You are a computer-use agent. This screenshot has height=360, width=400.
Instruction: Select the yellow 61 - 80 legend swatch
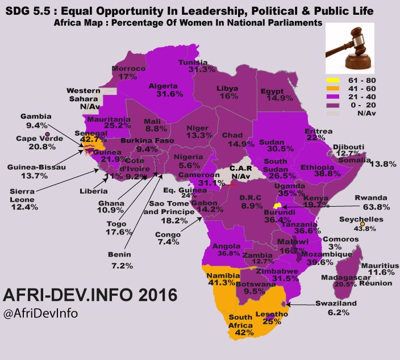tap(336, 80)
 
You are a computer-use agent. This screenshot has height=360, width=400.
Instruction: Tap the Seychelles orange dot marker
tap(362, 223)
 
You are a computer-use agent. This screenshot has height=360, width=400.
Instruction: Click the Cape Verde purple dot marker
tap(47, 134)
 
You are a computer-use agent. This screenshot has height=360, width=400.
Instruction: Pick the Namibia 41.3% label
tap(226, 278)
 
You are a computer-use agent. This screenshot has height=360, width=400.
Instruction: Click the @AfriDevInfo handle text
tap(40, 313)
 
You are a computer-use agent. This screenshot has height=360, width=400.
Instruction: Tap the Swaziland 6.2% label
tap(338, 308)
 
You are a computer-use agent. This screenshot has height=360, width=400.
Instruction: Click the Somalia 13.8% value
tap(382, 164)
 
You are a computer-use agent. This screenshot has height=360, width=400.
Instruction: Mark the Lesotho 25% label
tap(272, 317)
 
